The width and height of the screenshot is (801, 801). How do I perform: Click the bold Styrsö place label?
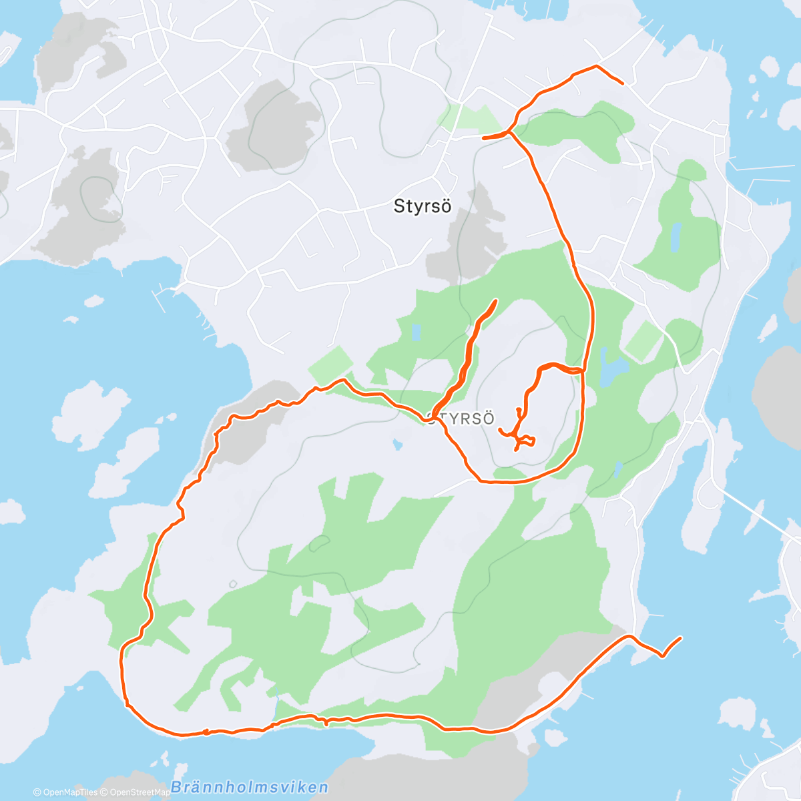[423, 206]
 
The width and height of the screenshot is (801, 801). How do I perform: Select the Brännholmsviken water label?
[249, 787]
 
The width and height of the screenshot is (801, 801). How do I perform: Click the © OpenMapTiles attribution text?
[65, 792]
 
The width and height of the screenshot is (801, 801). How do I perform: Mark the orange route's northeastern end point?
[623, 83]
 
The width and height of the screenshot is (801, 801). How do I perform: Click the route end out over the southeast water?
[681, 638]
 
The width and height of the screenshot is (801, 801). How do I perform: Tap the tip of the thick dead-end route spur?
[496, 301]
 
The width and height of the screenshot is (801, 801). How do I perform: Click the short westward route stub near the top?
[483, 138]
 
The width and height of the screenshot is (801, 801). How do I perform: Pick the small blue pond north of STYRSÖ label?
[417, 332]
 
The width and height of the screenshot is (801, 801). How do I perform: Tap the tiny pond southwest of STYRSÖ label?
[398, 444]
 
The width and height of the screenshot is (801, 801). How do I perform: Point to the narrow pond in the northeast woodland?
[676, 236]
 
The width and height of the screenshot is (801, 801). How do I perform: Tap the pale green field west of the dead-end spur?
[330, 364]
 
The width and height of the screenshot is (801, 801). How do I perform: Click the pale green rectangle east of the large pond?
[643, 340]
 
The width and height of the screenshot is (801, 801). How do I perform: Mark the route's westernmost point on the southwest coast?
[121, 661]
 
